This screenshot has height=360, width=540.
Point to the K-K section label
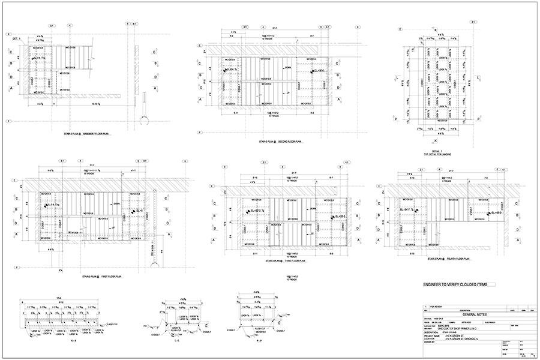(x=57, y=340)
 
